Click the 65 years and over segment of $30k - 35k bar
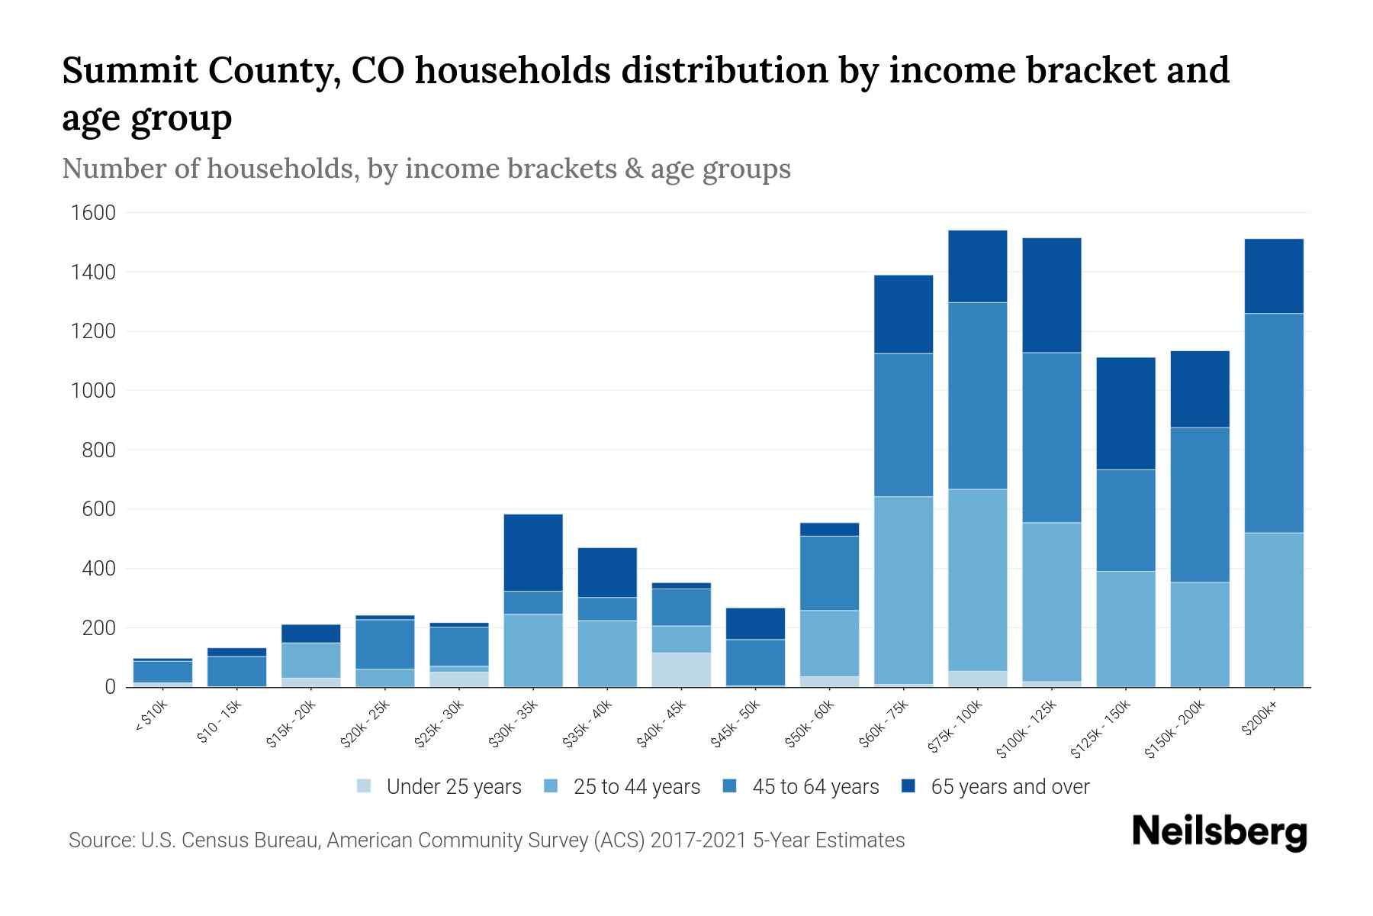(533, 553)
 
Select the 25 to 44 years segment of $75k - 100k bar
(977, 580)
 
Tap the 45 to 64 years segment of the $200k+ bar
(1274, 423)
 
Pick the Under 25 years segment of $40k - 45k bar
(682, 669)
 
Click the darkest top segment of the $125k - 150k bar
(1125, 413)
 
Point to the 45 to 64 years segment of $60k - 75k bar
(903, 425)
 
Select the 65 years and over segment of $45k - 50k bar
(756, 624)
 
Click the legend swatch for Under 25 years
(365, 786)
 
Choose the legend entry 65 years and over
(1009, 786)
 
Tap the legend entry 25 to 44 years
(636, 786)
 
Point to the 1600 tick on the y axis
(93, 213)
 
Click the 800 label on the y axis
(98, 450)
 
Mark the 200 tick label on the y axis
(98, 628)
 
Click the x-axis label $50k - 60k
(810, 724)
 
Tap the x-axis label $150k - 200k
(1175, 731)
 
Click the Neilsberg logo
(1219, 832)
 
